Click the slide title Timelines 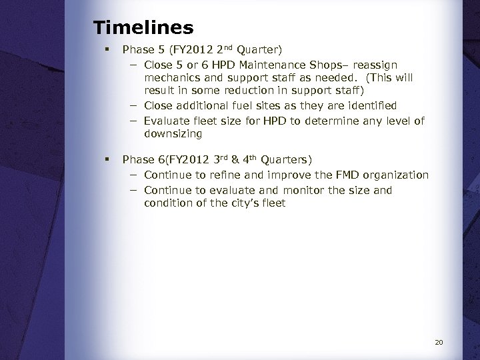point(143,28)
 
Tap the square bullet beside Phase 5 point(107,49)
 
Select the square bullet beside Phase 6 point(107,159)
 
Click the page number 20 point(439,343)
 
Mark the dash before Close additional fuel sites point(133,105)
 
